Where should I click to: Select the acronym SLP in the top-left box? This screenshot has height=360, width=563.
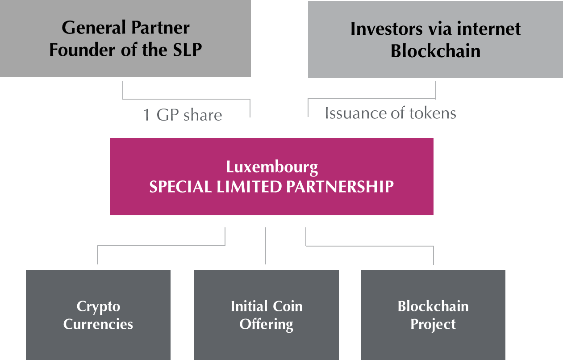pos(185,50)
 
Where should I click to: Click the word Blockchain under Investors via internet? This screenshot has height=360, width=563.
pos(435,51)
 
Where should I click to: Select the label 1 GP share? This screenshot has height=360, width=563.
pos(182,115)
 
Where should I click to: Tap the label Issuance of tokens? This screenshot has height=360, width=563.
pos(390,113)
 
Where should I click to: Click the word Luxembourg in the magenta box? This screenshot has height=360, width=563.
pos(272,167)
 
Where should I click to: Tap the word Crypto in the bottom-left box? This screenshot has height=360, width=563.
pos(98,307)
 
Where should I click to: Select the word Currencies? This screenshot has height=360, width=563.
pos(98,324)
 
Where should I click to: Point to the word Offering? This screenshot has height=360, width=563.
pos(266,324)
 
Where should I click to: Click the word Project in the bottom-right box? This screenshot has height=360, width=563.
pos(433,324)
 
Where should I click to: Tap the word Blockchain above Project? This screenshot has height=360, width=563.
pos(433,306)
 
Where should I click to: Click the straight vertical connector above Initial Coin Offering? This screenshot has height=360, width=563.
pos(266,246)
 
